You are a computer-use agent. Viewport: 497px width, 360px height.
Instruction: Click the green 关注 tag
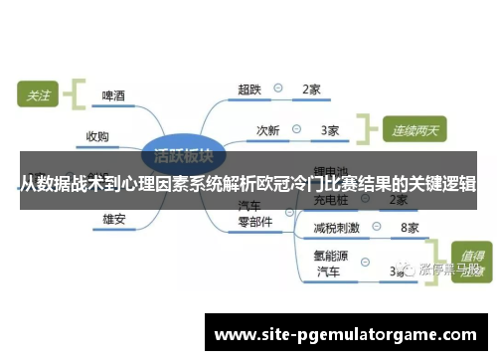(38, 96)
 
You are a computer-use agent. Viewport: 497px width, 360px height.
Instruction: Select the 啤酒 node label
(114, 96)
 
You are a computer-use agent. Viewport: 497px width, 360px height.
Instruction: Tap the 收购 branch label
(97, 136)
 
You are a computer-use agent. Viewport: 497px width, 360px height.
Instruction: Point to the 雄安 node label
(114, 218)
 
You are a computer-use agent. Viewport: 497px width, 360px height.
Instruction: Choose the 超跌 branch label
(249, 90)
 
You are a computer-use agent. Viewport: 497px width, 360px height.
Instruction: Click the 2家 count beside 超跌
(310, 90)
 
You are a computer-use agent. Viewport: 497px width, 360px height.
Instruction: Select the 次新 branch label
(268, 129)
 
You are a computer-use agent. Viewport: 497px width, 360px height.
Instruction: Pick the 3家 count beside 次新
(330, 129)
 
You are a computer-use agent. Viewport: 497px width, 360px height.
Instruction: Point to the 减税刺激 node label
(336, 228)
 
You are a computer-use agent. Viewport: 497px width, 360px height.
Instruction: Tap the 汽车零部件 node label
(254, 215)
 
